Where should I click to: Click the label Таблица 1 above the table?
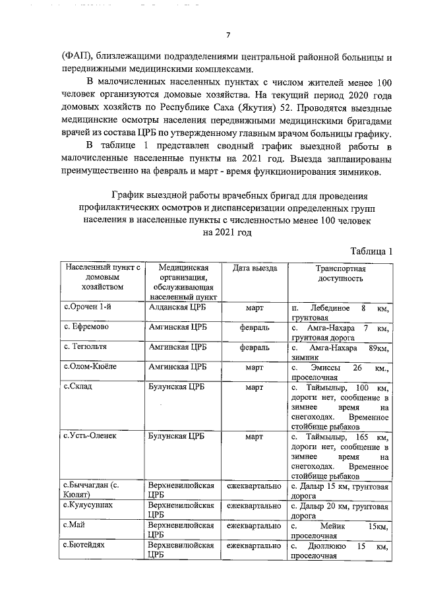point(371,251)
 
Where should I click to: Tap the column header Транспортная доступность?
point(339,274)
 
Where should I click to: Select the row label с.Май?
point(75,525)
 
